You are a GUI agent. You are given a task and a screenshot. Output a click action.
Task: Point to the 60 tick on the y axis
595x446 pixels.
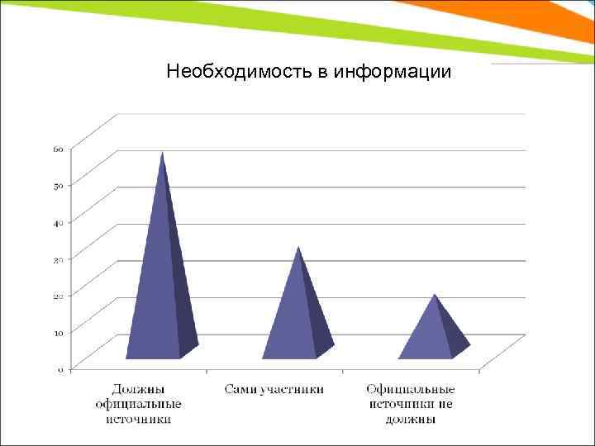point(59,149)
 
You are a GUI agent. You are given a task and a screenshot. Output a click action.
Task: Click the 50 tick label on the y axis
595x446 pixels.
point(59,186)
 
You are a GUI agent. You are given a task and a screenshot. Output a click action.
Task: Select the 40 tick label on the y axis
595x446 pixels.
point(59,222)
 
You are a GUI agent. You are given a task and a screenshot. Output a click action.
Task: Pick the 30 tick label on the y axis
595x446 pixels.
point(59,259)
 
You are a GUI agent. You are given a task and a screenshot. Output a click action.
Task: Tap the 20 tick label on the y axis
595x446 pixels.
point(59,296)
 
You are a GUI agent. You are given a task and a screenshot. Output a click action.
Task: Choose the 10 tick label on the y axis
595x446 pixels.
point(59,332)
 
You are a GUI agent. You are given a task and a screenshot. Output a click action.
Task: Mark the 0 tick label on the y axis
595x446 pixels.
point(60,369)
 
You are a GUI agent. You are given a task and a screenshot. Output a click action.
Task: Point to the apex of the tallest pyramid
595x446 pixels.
point(163,153)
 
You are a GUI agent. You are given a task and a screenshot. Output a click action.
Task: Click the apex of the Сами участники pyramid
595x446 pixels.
point(298,247)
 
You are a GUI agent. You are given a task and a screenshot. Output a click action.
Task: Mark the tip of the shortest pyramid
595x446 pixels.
point(435,295)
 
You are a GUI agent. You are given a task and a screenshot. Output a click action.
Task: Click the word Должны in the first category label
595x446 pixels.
point(138,389)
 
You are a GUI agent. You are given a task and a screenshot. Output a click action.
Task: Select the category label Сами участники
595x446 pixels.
point(274,389)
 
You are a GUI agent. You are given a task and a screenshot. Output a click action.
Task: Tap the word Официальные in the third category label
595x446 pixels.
point(410,389)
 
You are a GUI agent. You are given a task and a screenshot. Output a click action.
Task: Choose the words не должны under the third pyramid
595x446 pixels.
point(410,419)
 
